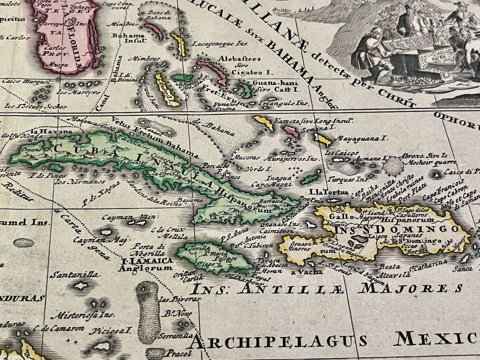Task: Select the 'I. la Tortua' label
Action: (329, 192)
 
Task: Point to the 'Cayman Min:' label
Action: (131, 217)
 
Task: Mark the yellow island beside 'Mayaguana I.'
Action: (322, 140)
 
